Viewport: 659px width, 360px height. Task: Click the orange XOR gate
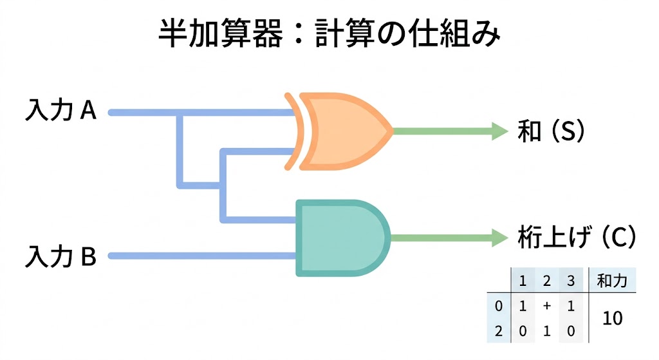click(341, 131)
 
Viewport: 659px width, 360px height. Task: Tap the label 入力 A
click(60, 111)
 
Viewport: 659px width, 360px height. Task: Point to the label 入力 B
click(60, 256)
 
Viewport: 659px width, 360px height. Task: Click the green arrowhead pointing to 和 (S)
click(500, 131)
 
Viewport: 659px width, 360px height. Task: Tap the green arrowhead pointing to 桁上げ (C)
click(500, 237)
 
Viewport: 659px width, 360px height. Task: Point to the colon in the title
click(297, 35)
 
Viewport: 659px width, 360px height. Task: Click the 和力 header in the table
click(611, 280)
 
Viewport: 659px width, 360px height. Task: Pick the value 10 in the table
click(613, 318)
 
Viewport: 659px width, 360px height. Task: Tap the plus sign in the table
click(546, 307)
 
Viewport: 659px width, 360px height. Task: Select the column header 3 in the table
click(570, 280)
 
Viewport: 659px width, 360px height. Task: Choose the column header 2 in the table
click(546, 280)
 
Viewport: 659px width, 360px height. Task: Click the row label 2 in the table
click(498, 330)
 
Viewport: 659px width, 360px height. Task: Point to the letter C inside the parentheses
click(617, 238)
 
